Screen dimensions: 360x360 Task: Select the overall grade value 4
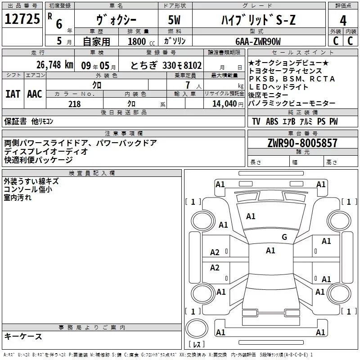pos(343,20)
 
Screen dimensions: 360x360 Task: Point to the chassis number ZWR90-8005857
pos(302,144)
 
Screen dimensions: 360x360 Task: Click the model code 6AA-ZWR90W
pos(257,41)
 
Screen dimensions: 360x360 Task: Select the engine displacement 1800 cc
pos(140,41)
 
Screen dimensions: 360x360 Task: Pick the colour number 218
pos(74,104)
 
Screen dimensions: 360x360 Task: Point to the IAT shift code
pos(13,94)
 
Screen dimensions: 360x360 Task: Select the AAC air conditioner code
pos(35,94)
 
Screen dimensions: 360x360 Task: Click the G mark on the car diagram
pos(284,237)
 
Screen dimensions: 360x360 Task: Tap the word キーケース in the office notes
pos(23,337)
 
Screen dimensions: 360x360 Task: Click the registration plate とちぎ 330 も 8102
pos(166,64)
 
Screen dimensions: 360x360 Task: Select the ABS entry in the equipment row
pos(272,121)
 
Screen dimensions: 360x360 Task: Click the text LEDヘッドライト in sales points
pos(278,87)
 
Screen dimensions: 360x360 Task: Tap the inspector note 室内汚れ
pos(18,197)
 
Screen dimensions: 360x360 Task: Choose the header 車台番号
pos(301,134)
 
